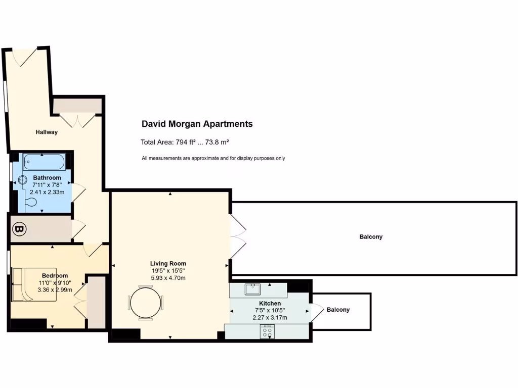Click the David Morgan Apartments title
pos(197,124)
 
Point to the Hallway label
pos(47,132)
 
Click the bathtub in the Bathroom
pos(44,163)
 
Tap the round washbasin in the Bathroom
pos(23,180)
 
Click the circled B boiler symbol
pos(19,229)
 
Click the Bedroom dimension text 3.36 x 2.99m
pos(55,290)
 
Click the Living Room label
pos(168,263)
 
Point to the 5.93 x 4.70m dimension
pos(168,278)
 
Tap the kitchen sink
pos(252,289)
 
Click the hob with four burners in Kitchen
pos(267,332)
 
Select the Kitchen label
pos(270,303)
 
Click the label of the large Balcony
pos(371,236)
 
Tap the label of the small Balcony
pos(338,310)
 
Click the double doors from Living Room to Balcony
pos(238,236)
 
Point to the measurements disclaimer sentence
pos(213,158)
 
